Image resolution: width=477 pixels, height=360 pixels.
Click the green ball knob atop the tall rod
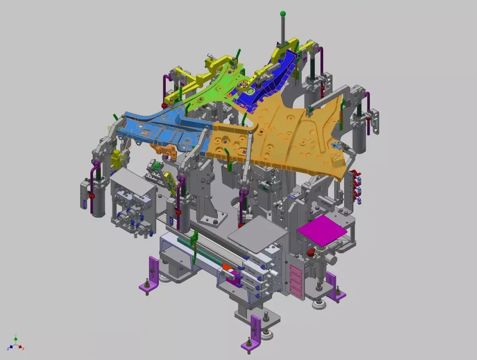point(283,14)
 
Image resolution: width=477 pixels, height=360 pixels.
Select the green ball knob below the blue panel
point(157,165)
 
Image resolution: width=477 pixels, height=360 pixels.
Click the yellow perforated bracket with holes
point(170,183)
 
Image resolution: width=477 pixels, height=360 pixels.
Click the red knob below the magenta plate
point(310,253)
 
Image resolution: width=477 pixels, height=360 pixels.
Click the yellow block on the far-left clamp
point(116,159)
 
